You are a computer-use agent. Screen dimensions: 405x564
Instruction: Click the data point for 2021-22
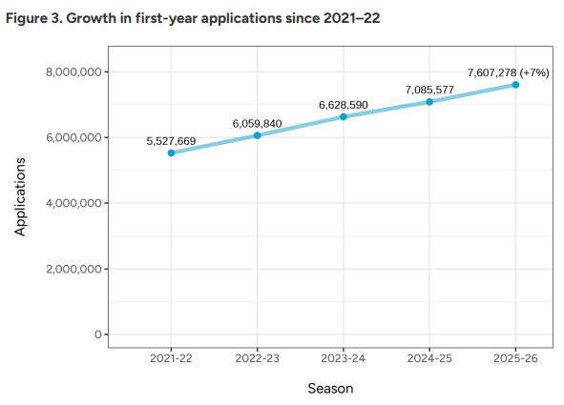(171, 152)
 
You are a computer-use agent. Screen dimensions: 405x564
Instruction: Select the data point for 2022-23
(257, 135)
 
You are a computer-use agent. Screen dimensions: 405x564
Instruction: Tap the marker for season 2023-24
(344, 116)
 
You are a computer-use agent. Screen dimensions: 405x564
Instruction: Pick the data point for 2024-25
(429, 102)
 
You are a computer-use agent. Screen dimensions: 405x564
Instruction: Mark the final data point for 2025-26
(515, 85)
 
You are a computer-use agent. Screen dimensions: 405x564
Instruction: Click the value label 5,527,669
(171, 141)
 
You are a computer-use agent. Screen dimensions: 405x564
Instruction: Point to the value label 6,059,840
(257, 123)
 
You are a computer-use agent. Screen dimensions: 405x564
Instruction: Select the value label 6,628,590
(344, 105)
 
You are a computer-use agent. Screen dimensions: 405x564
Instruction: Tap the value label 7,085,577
(429, 90)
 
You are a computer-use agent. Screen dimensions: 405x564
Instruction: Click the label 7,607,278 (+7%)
(508, 72)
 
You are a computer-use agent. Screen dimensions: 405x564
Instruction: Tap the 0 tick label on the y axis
(97, 334)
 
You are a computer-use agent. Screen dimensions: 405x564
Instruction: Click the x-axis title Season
(330, 389)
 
